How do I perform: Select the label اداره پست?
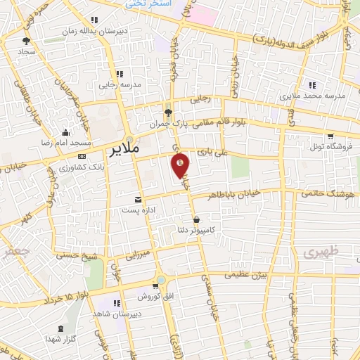(137, 210)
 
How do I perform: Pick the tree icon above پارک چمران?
(167, 112)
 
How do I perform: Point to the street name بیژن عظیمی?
(246, 277)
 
